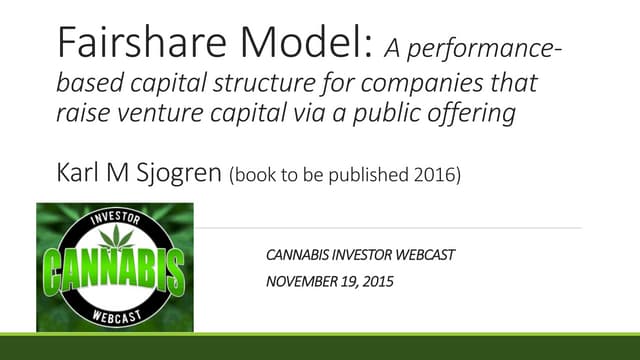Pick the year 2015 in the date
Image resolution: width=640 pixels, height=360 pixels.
coord(379,282)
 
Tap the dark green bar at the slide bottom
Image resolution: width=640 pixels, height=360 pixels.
coord(320,350)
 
